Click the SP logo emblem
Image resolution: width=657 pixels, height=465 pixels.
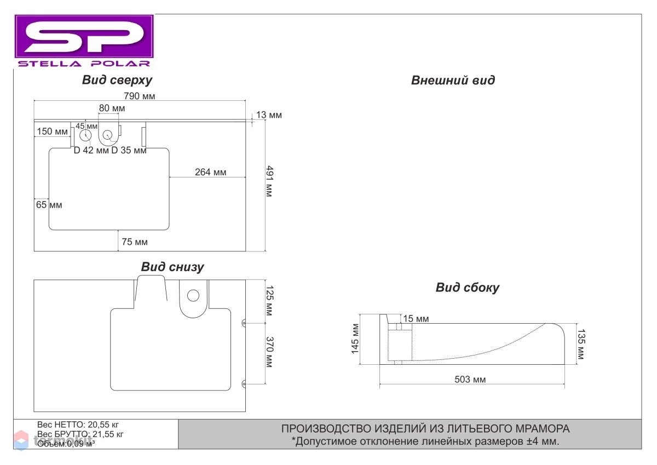[84, 36]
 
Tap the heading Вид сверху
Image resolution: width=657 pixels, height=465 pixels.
[117, 80]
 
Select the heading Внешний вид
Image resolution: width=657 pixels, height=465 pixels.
[453, 80]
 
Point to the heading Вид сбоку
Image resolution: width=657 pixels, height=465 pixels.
[467, 287]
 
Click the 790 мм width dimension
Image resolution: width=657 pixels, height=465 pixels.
[139, 96]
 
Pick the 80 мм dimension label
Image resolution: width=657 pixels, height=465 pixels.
[112, 108]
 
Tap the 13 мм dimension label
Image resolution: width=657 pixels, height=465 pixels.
[269, 114]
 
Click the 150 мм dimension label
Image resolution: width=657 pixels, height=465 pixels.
[52, 131]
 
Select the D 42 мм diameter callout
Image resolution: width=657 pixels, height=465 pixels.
[91, 150]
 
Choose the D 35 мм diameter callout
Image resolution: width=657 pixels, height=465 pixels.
[129, 150]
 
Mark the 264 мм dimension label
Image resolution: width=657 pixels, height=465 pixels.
[211, 172]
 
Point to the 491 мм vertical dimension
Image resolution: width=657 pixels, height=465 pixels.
[269, 181]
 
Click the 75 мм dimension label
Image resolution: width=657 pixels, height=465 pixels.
[135, 242]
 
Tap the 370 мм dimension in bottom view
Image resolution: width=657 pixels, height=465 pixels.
[269, 352]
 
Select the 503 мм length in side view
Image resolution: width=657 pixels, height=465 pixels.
[470, 380]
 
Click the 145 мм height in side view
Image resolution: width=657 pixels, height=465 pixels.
[355, 339]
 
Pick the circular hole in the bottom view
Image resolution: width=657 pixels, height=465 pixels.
[193, 295]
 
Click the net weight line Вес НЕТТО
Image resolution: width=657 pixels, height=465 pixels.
[78, 424]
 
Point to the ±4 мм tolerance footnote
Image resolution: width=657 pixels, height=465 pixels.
[425, 441]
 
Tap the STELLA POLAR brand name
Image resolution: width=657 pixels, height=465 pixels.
[84, 64]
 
